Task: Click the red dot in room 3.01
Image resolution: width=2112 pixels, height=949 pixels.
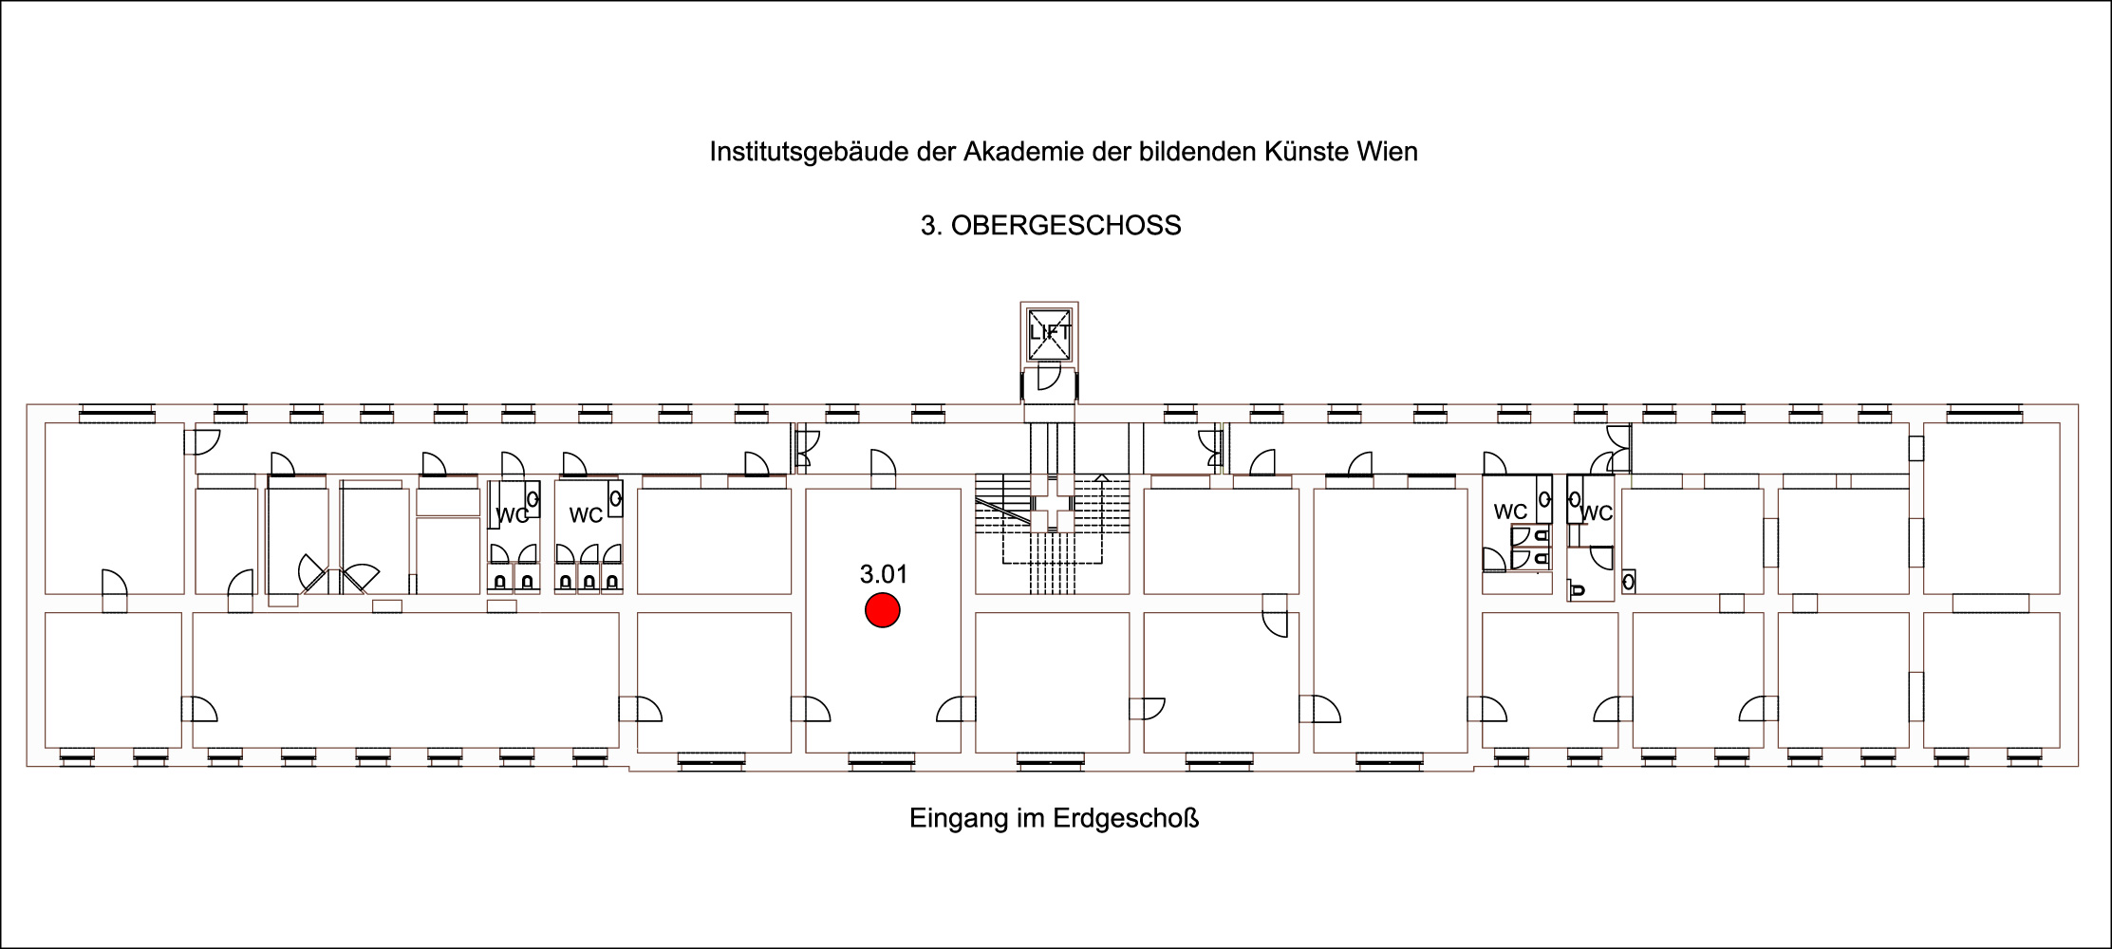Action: point(883,611)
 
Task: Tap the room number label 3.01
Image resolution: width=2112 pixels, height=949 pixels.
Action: point(884,574)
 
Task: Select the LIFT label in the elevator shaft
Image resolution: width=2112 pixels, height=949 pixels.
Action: point(1049,333)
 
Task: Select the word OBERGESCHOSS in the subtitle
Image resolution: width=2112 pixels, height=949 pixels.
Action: point(1066,226)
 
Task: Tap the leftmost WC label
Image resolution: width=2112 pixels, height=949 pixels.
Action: point(513,516)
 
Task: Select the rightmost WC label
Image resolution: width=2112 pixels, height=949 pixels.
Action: point(1597,513)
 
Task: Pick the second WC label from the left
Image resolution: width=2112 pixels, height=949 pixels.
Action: point(586,515)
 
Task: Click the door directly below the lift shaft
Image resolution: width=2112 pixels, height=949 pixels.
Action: point(1049,380)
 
